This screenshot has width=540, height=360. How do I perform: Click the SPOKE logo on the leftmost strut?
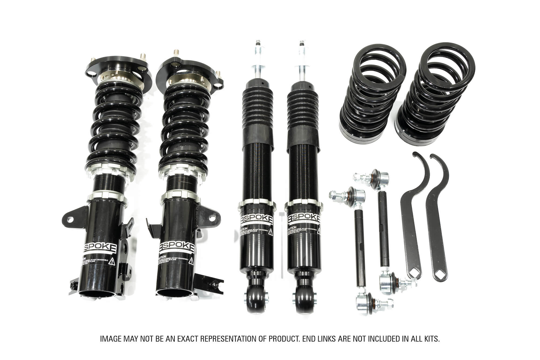tap(100, 248)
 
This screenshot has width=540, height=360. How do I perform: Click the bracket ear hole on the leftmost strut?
tap(70, 219)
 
